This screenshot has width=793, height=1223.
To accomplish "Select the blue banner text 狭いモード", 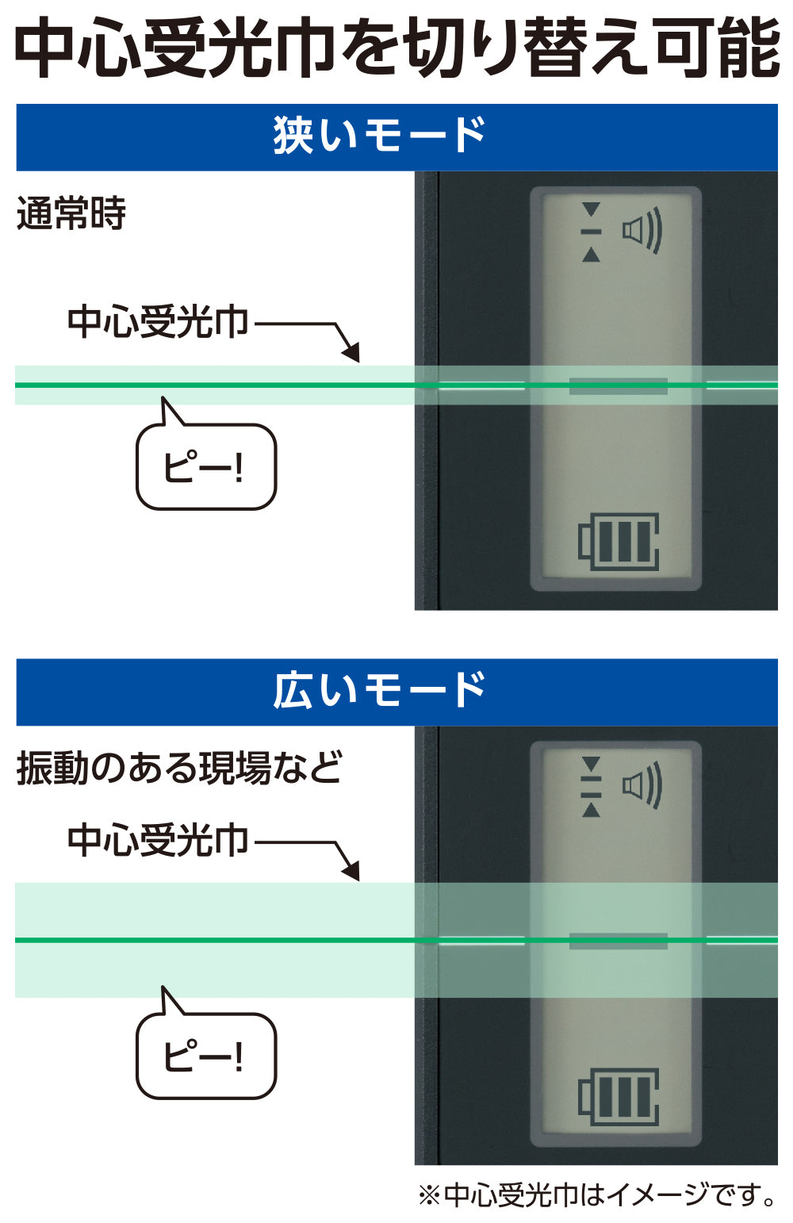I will (x=379, y=135).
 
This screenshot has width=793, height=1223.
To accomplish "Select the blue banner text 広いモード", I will (x=379, y=690).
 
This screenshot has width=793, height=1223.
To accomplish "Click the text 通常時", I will (x=71, y=213).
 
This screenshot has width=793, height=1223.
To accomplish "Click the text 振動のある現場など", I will (x=179, y=768).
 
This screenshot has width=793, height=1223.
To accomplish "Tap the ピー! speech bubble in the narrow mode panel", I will (x=205, y=467).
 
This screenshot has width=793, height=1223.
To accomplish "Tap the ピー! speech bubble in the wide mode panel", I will (x=205, y=1056).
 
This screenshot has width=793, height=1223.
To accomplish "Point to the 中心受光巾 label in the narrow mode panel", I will (x=158, y=322).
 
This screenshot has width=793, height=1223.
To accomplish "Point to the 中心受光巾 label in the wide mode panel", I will (x=158, y=840).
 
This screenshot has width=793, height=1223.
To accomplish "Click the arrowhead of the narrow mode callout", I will (x=351, y=352).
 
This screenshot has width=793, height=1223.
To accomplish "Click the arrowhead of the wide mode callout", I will (x=351, y=870).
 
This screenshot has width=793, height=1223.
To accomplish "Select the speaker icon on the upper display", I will (x=642, y=232).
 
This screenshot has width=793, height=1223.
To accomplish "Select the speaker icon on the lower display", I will (x=642, y=786).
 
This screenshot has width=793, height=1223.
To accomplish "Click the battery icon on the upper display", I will (x=619, y=542).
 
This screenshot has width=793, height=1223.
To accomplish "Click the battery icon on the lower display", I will (x=619, y=1097).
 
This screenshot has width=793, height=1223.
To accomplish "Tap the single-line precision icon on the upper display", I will (x=591, y=232).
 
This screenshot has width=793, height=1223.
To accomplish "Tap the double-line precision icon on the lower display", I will (x=591, y=786).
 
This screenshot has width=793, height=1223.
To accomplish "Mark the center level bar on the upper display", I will (x=619, y=386).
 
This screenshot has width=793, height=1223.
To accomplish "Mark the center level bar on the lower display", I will (x=619, y=941).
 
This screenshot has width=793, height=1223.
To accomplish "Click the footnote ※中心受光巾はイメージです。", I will (x=597, y=1194).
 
